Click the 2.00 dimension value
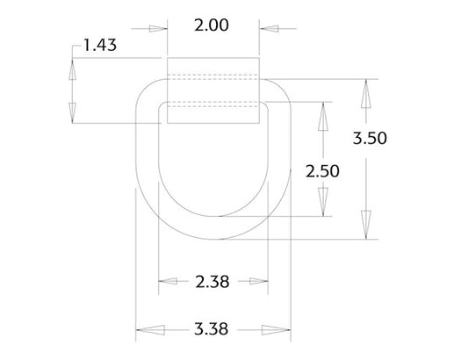[212, 25]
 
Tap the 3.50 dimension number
[370, 138]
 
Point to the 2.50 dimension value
[322, 170]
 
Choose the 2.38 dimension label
[212, 282]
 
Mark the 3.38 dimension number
[212, 331]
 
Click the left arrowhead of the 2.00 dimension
[157, 27]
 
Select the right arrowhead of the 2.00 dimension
[269, 27]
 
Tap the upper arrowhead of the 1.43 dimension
[71, 69]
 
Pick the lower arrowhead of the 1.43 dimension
[71, 112]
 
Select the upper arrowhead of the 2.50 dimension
[321, 113]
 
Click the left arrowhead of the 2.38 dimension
[168, 282]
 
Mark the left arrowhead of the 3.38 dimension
[145, 331]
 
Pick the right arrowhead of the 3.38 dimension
[279, 331]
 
